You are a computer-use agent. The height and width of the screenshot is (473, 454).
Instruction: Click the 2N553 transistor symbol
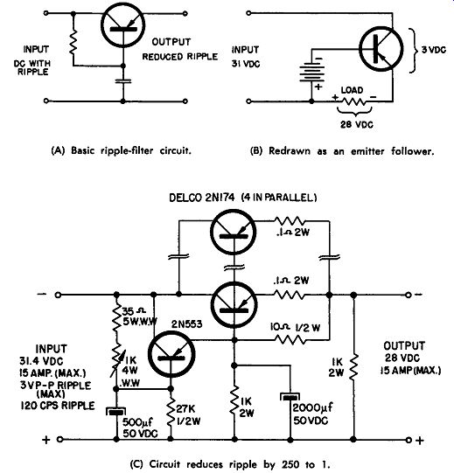coord(171,354)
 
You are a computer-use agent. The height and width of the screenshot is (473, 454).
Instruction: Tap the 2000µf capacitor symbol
coord(290,397)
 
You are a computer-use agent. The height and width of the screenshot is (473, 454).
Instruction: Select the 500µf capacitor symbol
coord(116,411)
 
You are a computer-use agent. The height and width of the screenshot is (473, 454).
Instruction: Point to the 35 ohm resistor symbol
coord(116,316)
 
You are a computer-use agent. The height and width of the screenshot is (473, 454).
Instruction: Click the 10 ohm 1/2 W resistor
coord(290,340)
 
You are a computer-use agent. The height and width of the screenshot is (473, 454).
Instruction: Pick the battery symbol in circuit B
coord(311,73)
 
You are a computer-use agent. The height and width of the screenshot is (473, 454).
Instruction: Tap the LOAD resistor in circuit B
coord(353,101)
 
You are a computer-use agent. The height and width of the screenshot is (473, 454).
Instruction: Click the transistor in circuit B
coord(381,49)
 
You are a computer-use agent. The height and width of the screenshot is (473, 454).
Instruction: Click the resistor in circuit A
coord(73,43)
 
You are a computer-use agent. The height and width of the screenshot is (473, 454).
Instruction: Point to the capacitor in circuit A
coord(122,80)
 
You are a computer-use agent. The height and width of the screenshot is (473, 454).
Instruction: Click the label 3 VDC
coord(434,50)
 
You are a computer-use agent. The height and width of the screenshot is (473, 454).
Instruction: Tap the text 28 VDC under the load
coord(357,124)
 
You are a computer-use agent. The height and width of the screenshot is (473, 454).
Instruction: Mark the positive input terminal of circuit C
coord(59,440)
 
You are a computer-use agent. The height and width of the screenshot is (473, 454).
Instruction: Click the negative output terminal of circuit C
coord(409,295)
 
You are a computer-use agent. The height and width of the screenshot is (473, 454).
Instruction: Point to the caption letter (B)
coord(256,151)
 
